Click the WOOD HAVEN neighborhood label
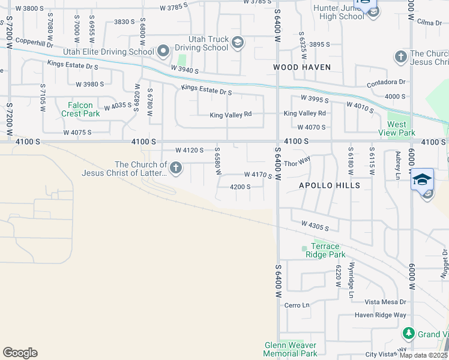(302, 67)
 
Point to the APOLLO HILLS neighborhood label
(330, 185)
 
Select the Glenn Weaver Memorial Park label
(291, 349)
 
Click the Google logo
(20, 353)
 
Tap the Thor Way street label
(297, 163)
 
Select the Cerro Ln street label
(297, 305)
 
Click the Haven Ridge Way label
(380, 315)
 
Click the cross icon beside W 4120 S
(176, 168)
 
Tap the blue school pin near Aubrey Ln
(422, 179)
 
